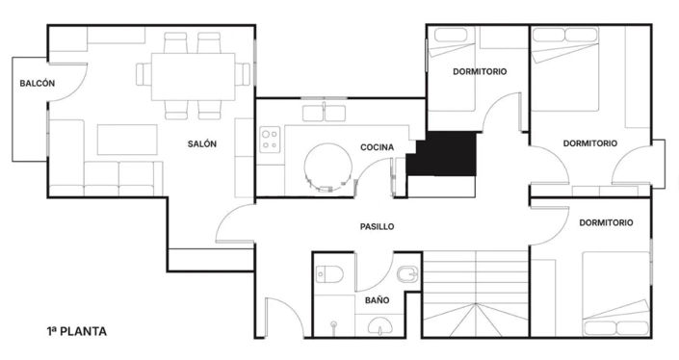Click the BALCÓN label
coord(37,84)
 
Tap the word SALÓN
coord(202,144)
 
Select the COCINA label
coord(377,147)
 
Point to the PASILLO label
coord(377,227)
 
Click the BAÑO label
coord(377,299)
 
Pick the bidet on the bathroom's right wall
coord(407,276)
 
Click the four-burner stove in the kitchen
coord(270,139)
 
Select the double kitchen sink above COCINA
coord(324,113)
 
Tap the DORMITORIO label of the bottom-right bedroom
coord(606,222)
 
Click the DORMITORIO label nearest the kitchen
coord(480,71)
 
